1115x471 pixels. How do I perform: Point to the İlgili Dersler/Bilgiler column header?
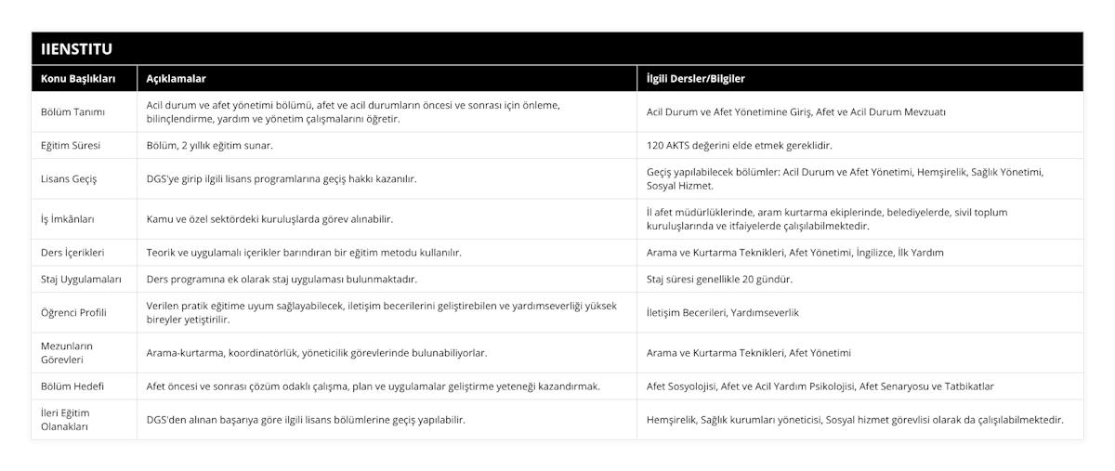[696, 79]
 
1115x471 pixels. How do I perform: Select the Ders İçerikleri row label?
[72, 252]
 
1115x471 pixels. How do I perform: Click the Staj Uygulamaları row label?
[80, 279]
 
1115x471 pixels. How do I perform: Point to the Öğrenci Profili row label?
[74, 312]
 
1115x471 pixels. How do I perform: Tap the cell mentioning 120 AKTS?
[739, 146]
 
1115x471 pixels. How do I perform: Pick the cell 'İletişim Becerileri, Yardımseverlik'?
[722, 312]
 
